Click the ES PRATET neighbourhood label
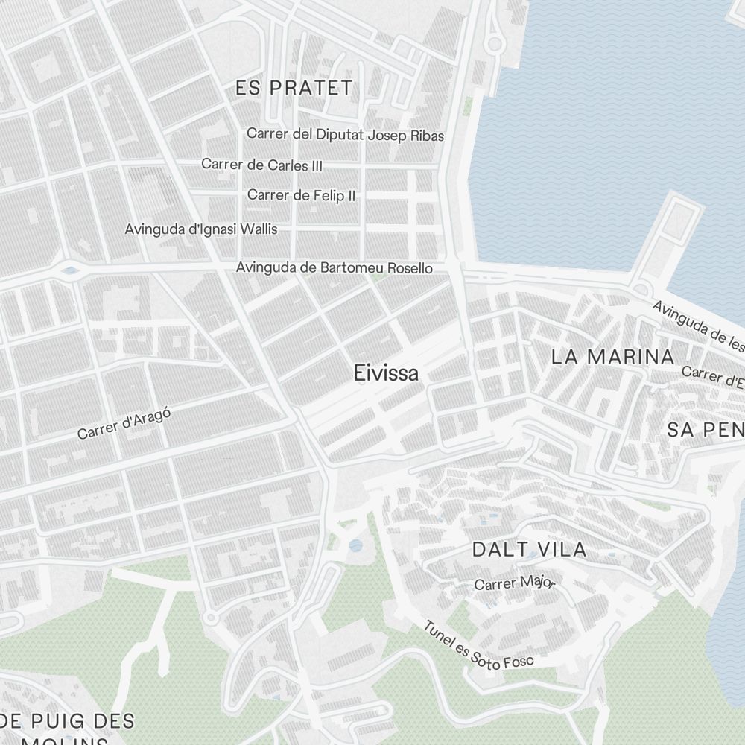294,88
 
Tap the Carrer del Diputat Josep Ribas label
345,135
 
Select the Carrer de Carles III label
261,165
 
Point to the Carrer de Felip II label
301,195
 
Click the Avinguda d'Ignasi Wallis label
201,229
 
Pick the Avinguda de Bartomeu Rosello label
334,267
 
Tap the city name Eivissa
386,373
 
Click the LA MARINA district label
612,356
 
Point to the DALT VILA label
530,550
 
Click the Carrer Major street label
514,583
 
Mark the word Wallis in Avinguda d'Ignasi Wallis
259,229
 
